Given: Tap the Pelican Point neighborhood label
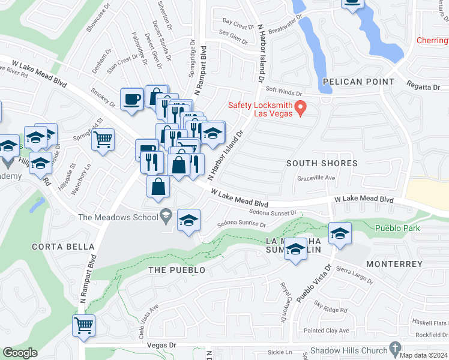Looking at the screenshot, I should coord(358,82).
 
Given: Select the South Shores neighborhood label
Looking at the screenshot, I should coord(322,163).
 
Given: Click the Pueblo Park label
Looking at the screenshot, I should coord(397,228).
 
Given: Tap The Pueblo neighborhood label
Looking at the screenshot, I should coord(176,271).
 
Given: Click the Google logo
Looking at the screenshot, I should coord(20,353).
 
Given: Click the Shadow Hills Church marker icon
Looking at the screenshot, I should coord(394,348).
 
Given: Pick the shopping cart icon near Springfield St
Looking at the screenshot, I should coord(103,140).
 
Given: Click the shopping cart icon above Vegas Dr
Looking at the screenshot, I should coord(83,325).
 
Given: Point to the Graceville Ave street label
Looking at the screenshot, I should coord(316,178).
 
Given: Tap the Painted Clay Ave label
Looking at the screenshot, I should coord(326,331).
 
